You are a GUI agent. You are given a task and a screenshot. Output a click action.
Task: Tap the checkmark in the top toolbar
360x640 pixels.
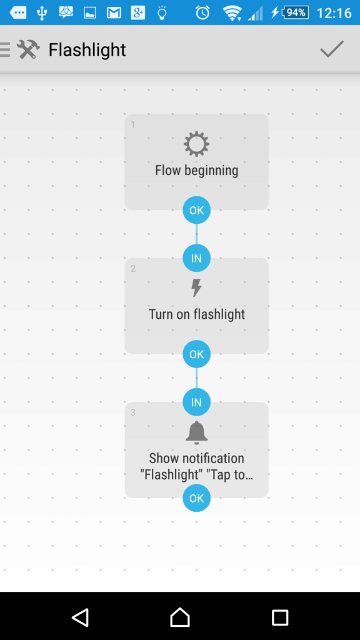(x=332, y=49)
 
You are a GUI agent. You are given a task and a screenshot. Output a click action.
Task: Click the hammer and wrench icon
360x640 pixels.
(x=28, y=50)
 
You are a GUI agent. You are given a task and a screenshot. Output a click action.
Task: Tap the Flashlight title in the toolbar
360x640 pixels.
(x=87, y=50)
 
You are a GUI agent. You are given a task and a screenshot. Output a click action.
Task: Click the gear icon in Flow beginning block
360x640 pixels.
(x=196, y=144)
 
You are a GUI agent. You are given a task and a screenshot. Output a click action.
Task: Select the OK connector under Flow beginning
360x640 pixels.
(x=196, y=210)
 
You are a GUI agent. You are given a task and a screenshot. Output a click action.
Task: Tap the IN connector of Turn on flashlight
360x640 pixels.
(x=196, y=258)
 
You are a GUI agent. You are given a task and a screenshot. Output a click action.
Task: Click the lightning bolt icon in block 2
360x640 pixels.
(x=196, y=287)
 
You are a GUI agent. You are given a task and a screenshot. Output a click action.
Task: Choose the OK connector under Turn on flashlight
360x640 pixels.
(x=196, y=354)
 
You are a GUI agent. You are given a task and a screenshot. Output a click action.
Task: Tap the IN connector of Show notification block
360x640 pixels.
(x=196, y=402)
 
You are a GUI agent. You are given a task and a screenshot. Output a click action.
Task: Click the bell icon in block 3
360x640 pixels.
(x=196, y=432)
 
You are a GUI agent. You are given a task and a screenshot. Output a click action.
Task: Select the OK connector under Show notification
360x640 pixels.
(x=196, y=498)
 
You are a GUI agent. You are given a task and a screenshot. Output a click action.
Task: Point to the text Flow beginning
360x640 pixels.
(x=196, y=170)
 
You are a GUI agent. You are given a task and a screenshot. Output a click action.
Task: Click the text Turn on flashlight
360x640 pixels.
(x=196, y=314)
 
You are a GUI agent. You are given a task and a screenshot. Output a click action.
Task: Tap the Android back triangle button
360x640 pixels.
(x=80, y=617)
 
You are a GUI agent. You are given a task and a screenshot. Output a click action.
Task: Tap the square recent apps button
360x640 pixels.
(x=280, y=617)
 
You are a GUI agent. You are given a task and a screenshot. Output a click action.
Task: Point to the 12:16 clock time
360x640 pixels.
(x=334, y=13)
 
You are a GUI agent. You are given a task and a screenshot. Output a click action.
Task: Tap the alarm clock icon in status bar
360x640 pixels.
(x=202, y=12)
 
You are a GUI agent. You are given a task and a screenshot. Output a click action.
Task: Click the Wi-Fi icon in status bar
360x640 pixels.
(x=232, y=13)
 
